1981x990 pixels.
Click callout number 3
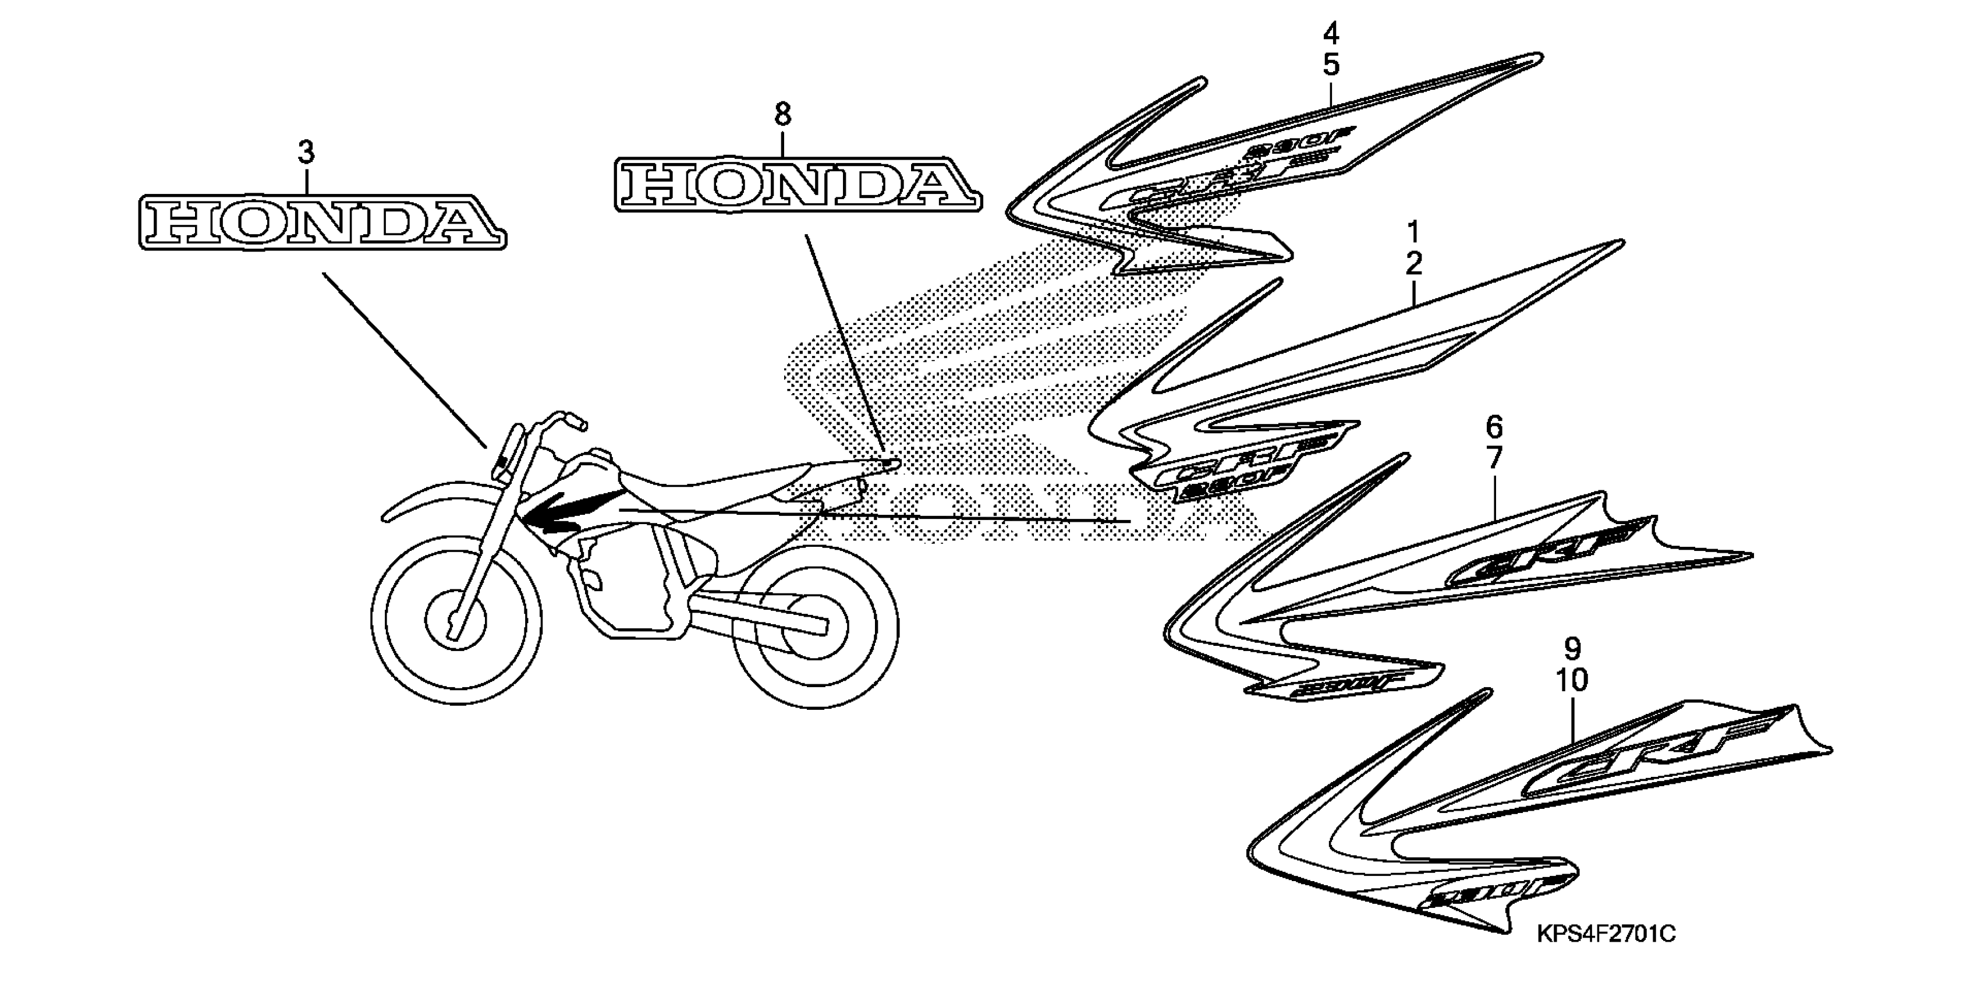(306, 153)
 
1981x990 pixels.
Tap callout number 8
(782, 115)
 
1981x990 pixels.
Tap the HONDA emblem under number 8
(798, 184)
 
